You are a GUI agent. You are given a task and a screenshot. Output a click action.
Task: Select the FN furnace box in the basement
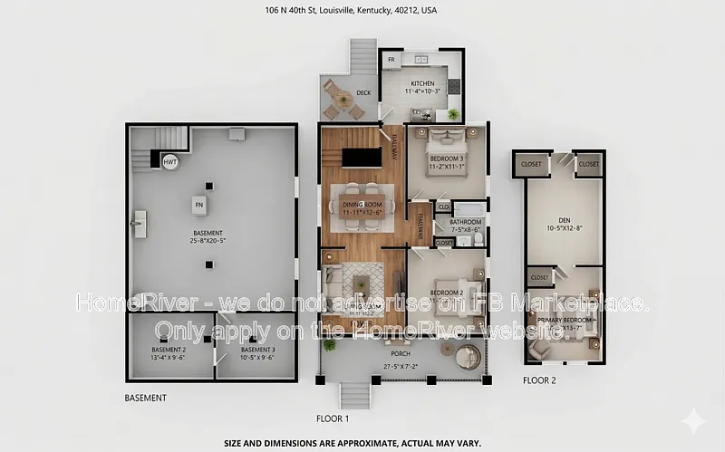(198, 206)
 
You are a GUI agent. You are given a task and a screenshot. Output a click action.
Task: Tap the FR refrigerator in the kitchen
(391, 60)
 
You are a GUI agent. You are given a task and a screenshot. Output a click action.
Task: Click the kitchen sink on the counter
(420, 61)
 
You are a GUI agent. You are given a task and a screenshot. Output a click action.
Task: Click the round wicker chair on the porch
(470, 356)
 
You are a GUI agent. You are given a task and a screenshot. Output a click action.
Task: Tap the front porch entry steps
(355, 394)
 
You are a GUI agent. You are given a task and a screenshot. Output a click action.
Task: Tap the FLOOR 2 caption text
(539, 380)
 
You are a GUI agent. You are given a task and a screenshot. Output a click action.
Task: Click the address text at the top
(362, 11)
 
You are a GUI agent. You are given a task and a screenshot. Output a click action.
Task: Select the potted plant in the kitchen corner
(452, 114)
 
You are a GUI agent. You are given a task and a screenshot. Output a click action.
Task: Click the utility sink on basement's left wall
(140, 222)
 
